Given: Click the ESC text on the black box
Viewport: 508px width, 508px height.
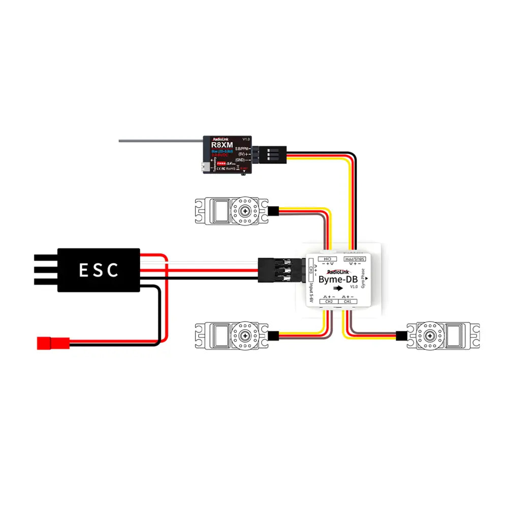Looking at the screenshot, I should pos(99,270).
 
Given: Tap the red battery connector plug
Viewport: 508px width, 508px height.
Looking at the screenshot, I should pos(52,343).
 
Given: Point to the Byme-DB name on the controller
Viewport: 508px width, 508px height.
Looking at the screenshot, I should pos(338,279).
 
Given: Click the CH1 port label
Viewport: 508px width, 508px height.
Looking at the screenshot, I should pos(347,302).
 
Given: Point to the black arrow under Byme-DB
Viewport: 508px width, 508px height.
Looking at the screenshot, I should pos(337,289).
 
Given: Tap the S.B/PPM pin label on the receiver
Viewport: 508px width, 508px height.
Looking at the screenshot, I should pos(242,149).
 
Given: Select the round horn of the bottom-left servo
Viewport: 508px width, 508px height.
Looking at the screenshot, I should pos(246,335).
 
